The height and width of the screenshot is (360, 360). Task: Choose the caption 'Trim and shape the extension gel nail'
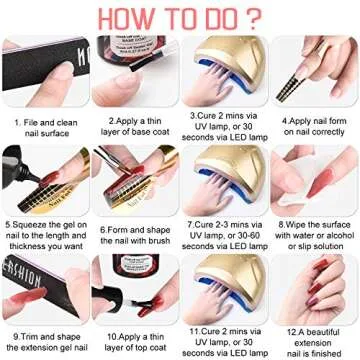click(46, 338)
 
